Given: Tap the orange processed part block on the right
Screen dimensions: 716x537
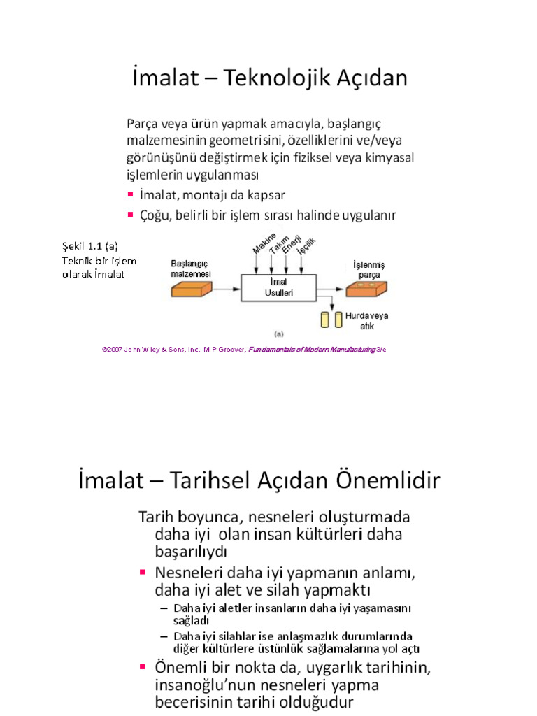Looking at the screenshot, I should pos(366,287).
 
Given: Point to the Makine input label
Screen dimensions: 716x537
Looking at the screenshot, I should pos(264,245).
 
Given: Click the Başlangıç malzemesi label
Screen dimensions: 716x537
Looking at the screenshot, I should pos(191,268).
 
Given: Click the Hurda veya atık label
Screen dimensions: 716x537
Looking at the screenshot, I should pos(367,320).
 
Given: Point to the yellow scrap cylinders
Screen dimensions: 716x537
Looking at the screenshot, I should pos(331,320).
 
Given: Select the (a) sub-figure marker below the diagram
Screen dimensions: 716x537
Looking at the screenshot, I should pos(278,333).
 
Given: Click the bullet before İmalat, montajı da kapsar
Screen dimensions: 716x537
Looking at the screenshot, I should pos(131,194).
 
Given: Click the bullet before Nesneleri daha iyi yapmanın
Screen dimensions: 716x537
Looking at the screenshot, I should pos(143,573).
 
